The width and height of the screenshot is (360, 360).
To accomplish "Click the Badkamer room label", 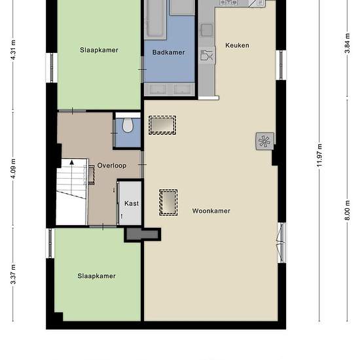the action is point(168,52).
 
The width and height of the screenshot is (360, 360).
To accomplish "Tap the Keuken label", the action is point(237,45).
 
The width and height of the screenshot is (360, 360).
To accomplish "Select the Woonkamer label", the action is point(211,211).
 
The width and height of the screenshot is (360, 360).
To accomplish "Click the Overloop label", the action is point(112,166).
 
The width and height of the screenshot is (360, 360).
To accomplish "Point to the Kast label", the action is point(132,203).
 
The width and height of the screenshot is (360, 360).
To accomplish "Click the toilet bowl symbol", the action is point(128,125).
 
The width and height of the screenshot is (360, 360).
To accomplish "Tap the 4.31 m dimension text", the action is point(13,50).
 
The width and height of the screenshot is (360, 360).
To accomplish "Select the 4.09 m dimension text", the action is point(13,168).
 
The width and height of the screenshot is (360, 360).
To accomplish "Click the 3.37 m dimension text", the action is point(13,274).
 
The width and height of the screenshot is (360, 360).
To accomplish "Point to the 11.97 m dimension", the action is point(319,155).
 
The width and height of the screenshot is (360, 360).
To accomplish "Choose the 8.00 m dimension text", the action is point(348,210).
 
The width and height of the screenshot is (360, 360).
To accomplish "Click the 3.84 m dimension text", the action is point(348,43).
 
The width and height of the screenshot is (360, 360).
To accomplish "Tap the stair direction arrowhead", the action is point(72,162).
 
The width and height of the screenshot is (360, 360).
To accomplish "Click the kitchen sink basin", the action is point(207,29).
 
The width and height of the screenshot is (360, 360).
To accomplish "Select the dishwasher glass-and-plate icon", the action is point(207,55).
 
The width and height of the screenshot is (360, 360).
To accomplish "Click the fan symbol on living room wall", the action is point(264,141).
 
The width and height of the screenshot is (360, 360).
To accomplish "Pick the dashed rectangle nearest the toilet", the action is point(162,125).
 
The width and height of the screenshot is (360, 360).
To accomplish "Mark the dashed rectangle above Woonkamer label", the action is point(168,202).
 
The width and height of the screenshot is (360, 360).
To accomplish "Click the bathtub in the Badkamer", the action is point(155,20).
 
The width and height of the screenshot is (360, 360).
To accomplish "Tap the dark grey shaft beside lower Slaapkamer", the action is point(143,234).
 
